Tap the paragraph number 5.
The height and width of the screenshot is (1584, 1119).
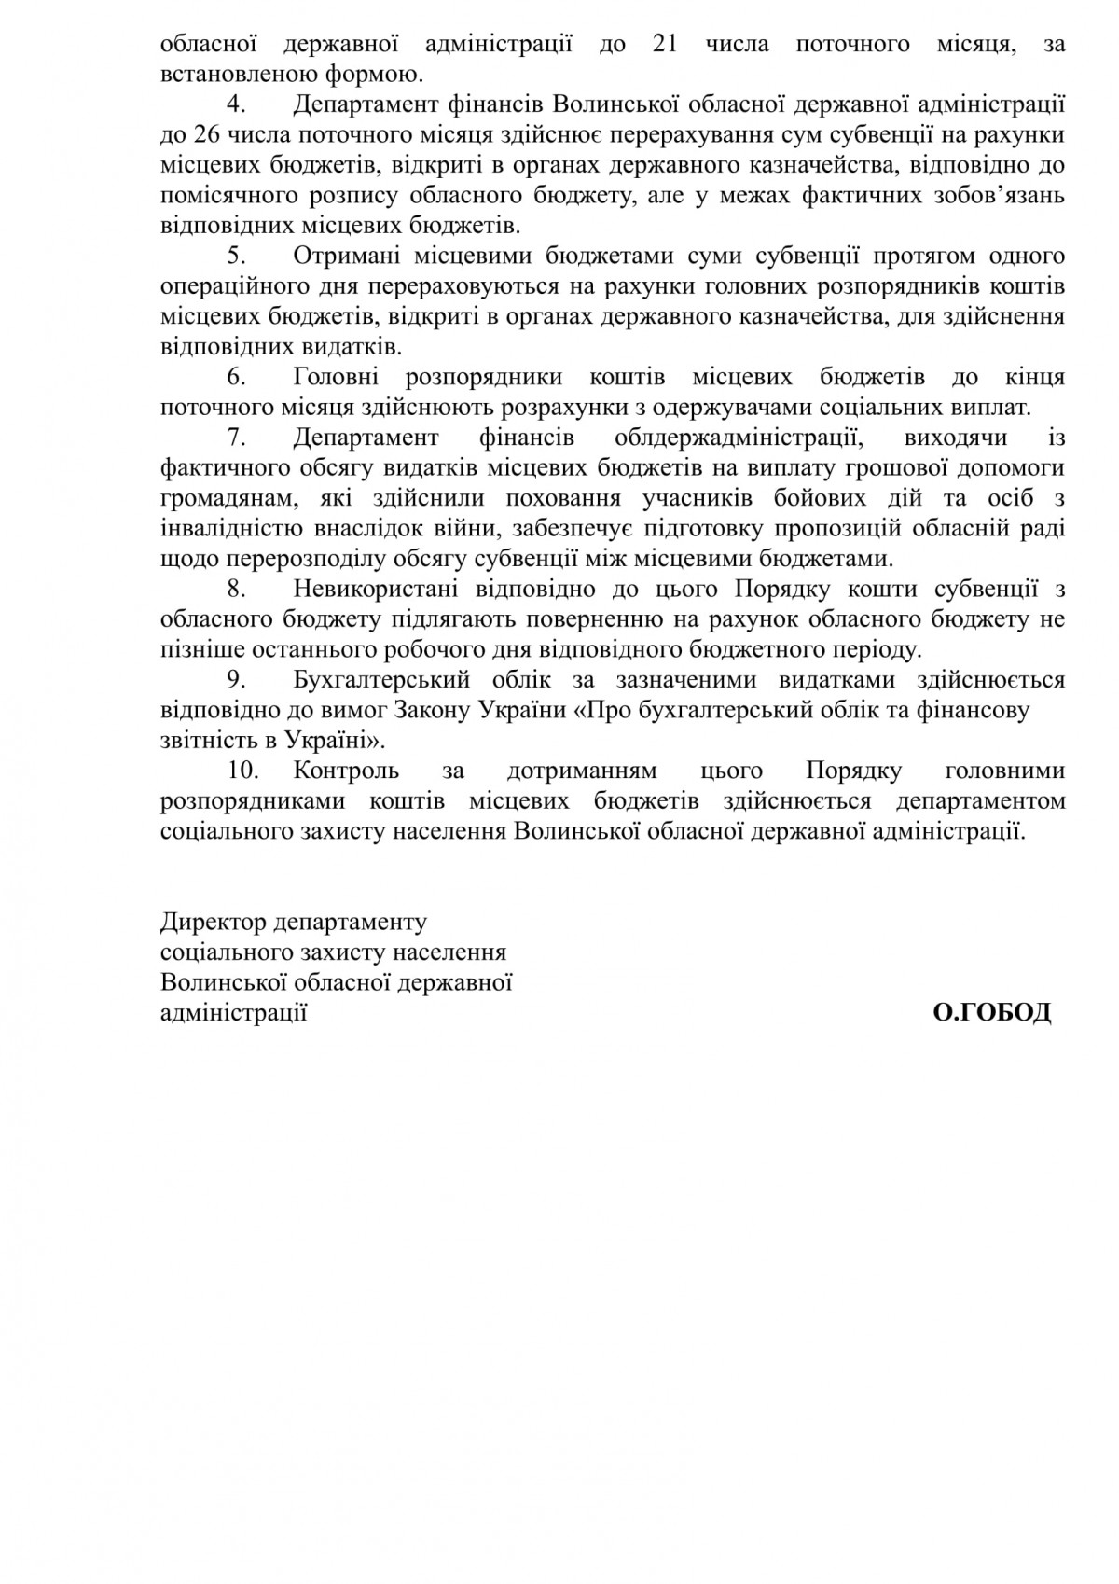click(236, 256)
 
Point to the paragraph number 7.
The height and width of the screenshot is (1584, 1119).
click(236, 438)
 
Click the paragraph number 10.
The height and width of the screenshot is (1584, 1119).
click(242, 771)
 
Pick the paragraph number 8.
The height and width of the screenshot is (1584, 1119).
click(236, 590)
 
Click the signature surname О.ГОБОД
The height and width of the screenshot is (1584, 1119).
click(992, 1013)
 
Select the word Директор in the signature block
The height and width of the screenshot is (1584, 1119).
click(213, 923)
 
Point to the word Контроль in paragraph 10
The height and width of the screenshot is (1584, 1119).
click(346, 771)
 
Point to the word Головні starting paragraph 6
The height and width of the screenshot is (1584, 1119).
click(336, 377)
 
